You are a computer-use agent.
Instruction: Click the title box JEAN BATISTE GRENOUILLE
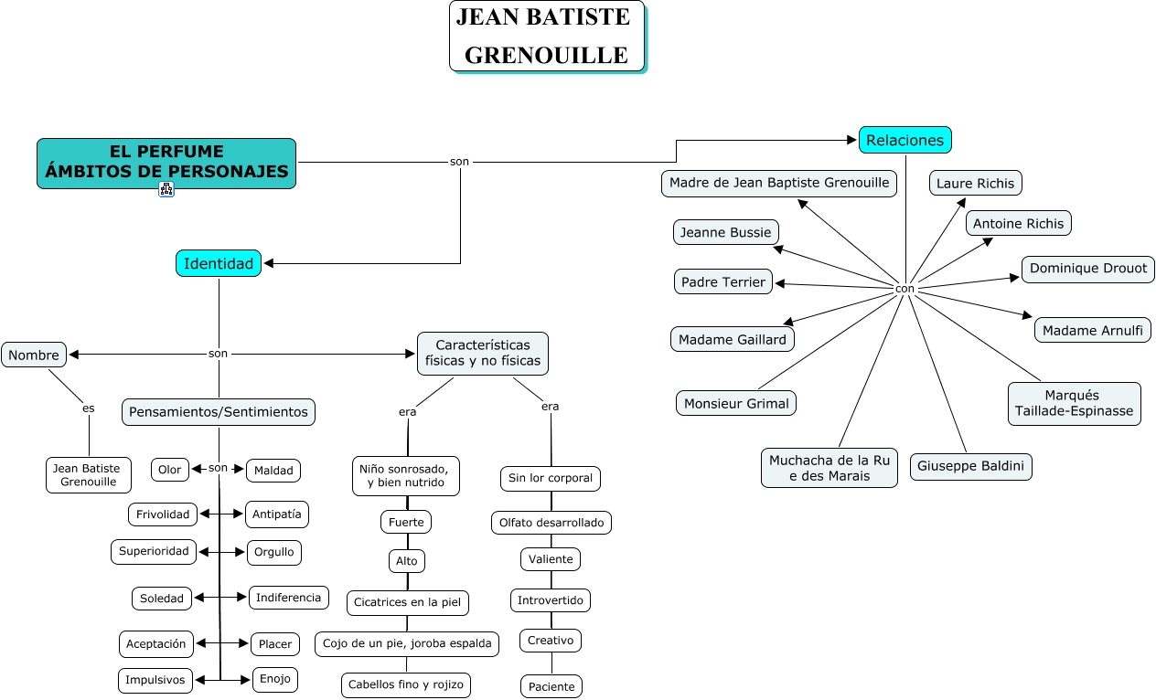tap(547, 37)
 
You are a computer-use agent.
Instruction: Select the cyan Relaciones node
tap(904, 140)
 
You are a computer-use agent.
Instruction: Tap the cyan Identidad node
tap(219, 263)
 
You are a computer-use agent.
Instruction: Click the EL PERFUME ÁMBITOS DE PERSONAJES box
tap(166, 164)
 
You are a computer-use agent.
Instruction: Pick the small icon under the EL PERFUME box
tap(166, 189)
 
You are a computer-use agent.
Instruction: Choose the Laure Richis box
tap(976, 183)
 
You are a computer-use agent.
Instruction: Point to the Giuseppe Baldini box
tap(971, 467)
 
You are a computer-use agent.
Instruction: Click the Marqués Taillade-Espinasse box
tap(1074, 404)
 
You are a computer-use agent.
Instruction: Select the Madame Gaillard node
tap(733, 339)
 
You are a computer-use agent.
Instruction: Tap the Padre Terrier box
tap(723, 282)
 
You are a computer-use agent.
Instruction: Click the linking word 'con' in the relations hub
tap(904, 289)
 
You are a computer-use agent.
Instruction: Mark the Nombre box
tap(34, 355)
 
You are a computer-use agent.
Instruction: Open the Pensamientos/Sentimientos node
tap(219, 412)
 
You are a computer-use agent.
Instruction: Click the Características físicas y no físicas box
tap(483, 354)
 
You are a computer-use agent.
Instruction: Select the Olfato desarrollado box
tap(551, 523)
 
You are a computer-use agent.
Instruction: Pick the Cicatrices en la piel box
tap(408, 603)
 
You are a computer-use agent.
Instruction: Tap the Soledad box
tap(162, 599)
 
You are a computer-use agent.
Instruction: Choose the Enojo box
tap(275, 680)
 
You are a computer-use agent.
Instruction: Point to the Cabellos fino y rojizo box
tap(406, 684)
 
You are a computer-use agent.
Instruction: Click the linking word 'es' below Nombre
tap(89, 408)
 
